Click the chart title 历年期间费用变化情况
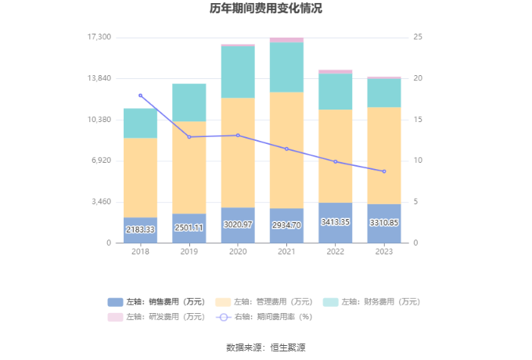(x=266, y=9)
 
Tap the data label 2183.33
(x=140, y=229)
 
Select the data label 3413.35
(x=335, y=222)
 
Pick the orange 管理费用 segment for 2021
(x=286, y=150)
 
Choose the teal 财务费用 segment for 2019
(x=189, y=103)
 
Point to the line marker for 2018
(x=141, y=95)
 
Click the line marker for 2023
(x=384, y=171)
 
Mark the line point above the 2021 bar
(x=286, y=149)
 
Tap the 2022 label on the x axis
(x=335, y=251)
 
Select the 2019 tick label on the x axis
(x=189, y=251)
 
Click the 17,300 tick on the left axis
(x=99, y=38)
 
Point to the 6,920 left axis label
(x=102, y=160)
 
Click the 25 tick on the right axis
(x=419, y=38)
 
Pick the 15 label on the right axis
(x=419, y=120)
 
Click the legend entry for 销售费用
(x=156, y=302)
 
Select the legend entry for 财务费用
(x=371, y=302)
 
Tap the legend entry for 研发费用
(x=156, y=317)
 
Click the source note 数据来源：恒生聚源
(x=266, y=347)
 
